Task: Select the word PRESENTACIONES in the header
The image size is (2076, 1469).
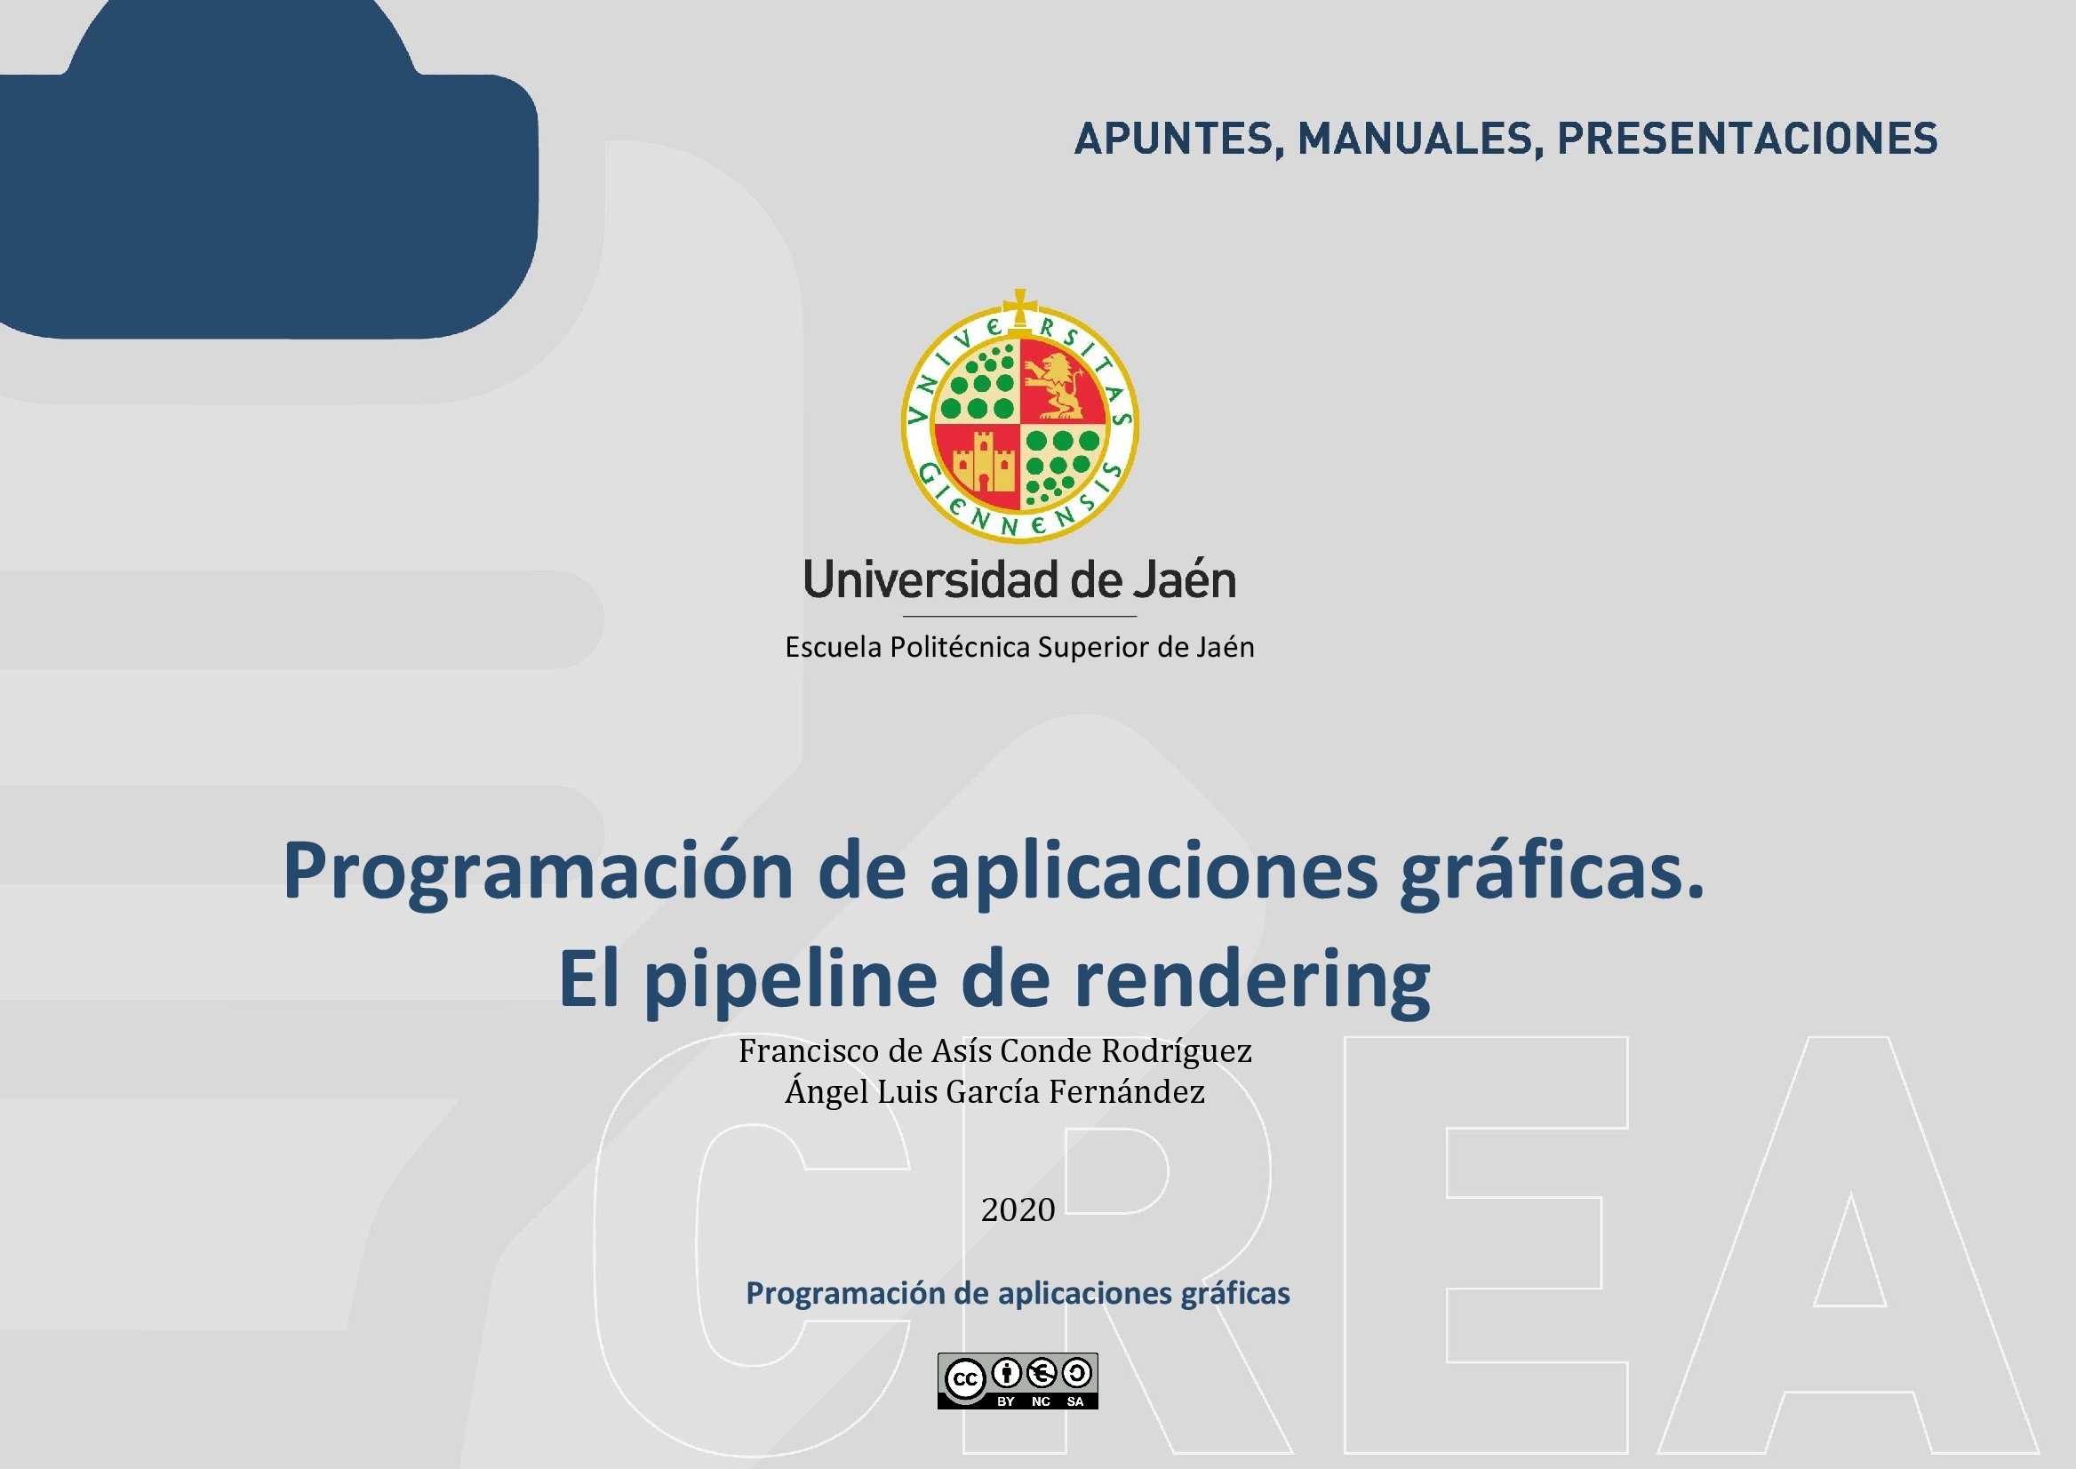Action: click(1746, 139)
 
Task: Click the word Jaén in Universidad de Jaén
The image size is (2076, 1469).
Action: click(1185, 579)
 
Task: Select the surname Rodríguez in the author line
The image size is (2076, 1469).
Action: click(1176, 1051)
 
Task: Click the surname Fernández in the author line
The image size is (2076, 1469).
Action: click(1126, 1091)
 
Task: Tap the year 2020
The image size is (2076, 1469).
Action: click(1018, 1210)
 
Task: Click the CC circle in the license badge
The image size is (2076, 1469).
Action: click(965, 1379)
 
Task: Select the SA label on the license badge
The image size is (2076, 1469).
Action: click(1074, 1401)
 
